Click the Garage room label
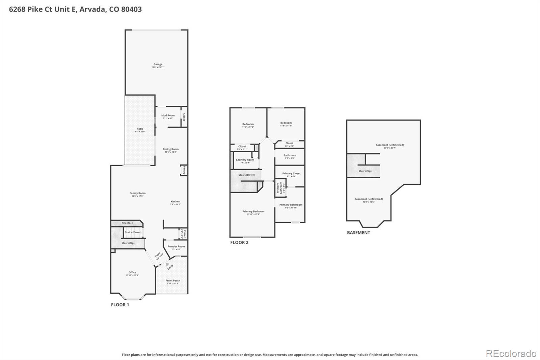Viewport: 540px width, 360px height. [x=158, y=65]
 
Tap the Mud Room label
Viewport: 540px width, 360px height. [x=168, y=116]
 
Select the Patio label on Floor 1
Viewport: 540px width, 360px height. [x=140, y=129]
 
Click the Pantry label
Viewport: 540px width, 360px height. [x=184, y=170]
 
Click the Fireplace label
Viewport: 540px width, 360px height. [x=127, y=223]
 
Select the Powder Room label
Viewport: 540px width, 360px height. [x=176, y=247]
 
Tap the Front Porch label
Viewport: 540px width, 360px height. [x=173, y=281]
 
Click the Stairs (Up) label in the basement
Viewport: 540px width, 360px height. [x=365, y=171]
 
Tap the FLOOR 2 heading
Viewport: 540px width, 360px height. [x=239, y=242]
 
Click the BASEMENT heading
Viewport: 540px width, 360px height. [x=358, y=233]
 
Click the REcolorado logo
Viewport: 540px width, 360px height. [x=511, y=354]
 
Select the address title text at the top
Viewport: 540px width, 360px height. [x=75, y=9]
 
